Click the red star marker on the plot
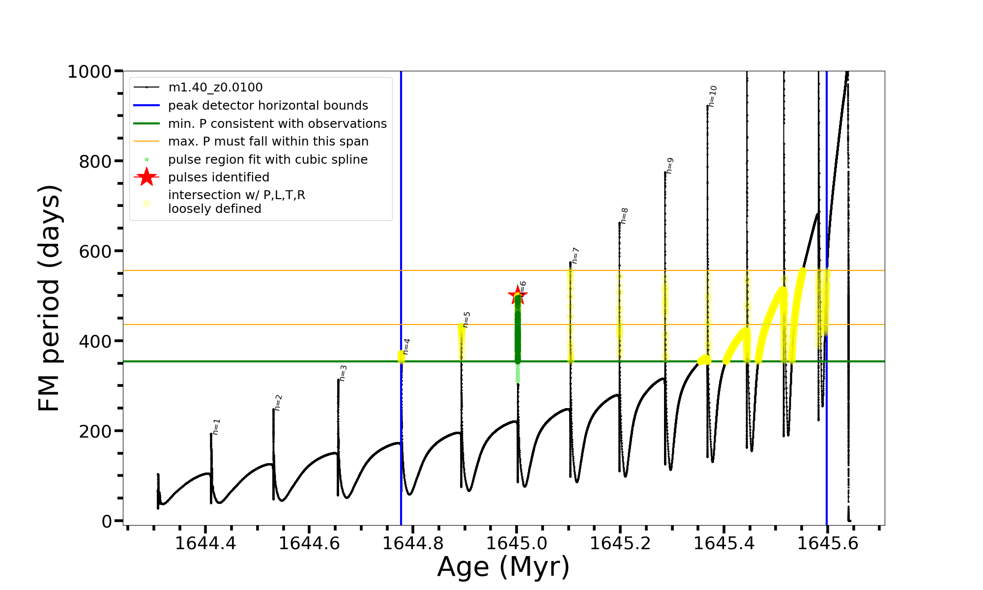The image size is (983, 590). coord(517,295)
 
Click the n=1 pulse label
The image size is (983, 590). coord(217,427)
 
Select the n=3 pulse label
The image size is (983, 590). coord(343,373)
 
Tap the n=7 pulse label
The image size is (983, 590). coord(576,256)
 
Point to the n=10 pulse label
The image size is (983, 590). coord(713,96)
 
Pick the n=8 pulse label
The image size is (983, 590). coord(624,216)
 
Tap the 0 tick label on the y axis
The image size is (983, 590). coord(107,521)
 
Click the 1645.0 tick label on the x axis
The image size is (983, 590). coord(517,543)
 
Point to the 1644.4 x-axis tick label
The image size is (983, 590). coord(205,543)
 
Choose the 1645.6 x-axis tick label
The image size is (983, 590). coord(828,543)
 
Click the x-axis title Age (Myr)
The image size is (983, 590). coord(503,566)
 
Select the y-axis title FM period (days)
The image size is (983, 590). coord(49,298)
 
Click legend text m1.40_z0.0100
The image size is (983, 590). coord(215,88)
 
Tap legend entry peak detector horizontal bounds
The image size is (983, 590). coord(268,106)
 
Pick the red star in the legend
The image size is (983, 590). coord(146,177)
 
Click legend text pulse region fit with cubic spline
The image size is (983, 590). coord(267,160)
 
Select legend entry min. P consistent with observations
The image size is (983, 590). coord(277,124)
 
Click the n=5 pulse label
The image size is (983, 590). coord(466,319)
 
